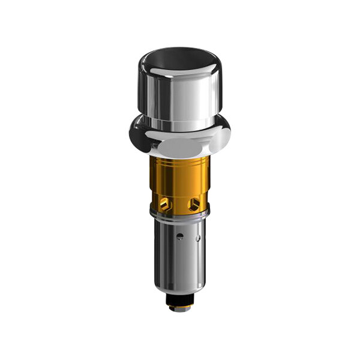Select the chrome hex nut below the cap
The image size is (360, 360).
pos(180,137)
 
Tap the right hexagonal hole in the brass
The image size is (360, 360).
pos(193,204)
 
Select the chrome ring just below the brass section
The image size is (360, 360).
pos(180,214)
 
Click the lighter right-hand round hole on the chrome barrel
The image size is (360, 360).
pos(197,238)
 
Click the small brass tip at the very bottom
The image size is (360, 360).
pos(180,308)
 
